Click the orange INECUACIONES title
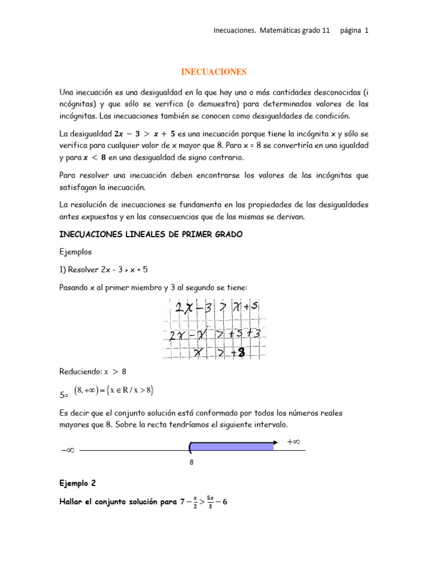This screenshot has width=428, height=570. click(213, 72)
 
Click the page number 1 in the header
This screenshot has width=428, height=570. click(366, 31)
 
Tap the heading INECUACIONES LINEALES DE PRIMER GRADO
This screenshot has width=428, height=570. click(150, 235)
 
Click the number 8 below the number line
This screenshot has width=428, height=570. click(192, 461)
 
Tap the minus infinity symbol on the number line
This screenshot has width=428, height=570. click(67, 450)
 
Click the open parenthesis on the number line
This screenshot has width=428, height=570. click(191, 447)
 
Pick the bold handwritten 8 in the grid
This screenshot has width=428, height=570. click(241, 352)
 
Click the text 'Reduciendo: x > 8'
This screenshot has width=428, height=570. click(93, 371)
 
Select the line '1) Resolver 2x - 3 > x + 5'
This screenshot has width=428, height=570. click(103, 269)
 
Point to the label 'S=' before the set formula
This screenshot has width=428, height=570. click(63, 395)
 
